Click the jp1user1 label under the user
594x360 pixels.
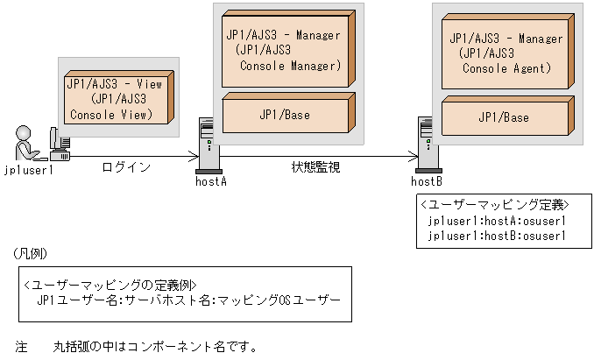30,170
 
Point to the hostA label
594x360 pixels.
211,180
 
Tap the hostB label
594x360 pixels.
427,181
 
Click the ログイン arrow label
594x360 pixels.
126,166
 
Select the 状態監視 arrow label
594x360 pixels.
316,166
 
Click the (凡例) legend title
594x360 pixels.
32,253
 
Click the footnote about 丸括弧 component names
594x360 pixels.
140,345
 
